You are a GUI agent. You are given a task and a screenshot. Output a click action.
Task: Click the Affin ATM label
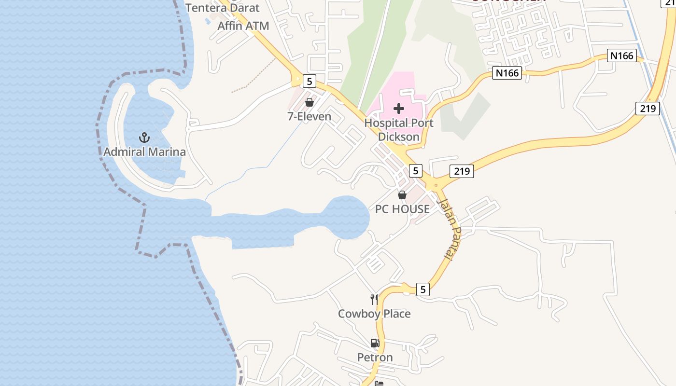coord(243,26)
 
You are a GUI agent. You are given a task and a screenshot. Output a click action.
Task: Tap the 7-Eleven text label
coord(310,116)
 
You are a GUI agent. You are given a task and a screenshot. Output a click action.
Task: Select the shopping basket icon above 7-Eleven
coord(310,102)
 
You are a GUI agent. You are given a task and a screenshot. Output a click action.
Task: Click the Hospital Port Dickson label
coord(399,130)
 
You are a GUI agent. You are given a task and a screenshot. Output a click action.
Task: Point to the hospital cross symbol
coord(399,109)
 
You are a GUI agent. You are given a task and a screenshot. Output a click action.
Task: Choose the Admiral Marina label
coord(144,152)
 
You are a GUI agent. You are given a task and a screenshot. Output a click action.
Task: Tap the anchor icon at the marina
coord(144,138)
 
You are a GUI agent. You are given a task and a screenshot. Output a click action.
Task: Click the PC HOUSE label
coord(402,209)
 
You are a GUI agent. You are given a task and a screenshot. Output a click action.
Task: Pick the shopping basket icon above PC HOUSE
coord(402,195)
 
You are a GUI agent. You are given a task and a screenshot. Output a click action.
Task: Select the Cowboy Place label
coord(374,314)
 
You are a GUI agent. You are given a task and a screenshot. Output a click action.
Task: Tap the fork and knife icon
coord(374,299)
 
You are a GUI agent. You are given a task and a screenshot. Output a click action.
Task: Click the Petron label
coord(375,358)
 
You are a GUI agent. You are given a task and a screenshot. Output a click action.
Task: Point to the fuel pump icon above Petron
coord(375,343)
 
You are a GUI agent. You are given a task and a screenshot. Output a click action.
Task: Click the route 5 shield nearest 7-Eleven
coord(309,81)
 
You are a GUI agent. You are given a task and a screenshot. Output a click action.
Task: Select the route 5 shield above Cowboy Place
coord(422,289)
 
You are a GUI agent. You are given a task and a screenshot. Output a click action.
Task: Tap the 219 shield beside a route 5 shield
coord(462,171)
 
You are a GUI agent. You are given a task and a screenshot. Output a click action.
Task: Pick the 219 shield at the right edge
coord(647,108)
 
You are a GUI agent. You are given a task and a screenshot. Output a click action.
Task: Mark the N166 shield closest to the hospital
coord(507,73)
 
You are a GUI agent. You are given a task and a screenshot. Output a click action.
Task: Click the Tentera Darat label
coord(223,8)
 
